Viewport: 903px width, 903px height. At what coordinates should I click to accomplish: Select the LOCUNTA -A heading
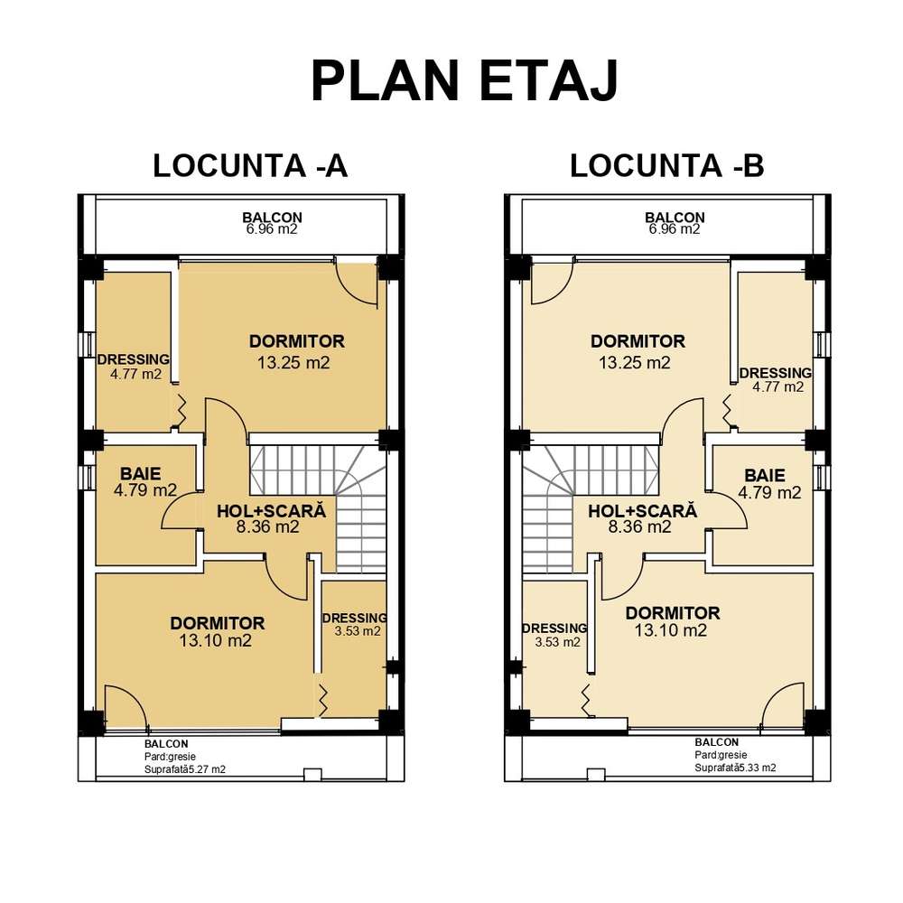[x=250, y=166]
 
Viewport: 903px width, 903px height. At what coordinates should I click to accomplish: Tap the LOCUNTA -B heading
[x=667, y=166]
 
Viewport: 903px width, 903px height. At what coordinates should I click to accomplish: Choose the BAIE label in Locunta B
[x=764, y=475]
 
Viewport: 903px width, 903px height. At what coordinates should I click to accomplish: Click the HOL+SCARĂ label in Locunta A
[x=270, y=510]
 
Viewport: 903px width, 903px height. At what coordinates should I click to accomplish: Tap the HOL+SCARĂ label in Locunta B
[x=642, y=510]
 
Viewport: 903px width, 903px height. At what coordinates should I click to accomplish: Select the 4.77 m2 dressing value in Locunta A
[x=129, y=374]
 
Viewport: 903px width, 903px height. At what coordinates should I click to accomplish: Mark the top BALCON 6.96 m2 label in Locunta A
[x=271, y=223]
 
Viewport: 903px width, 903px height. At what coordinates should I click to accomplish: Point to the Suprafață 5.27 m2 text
[x=184, y=770]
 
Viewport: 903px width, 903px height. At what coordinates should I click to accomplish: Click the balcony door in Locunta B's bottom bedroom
[x=782, y=706]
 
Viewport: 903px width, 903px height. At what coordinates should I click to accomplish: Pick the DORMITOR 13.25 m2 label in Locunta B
[x=638, y=352]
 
